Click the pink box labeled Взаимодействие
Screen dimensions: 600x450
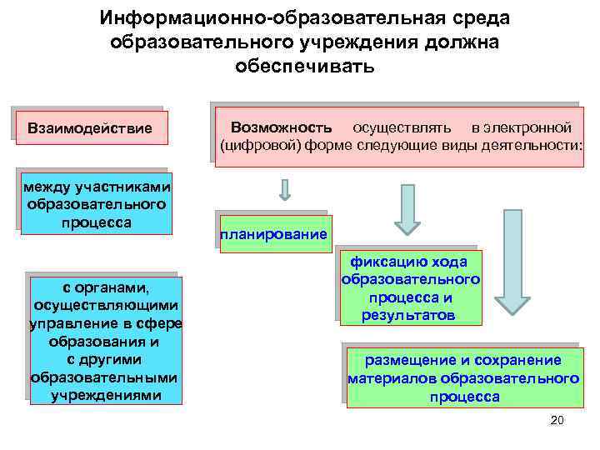pos(90,129)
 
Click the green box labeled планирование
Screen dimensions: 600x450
pos(273,234)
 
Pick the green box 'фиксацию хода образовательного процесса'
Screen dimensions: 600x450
pos(411,287)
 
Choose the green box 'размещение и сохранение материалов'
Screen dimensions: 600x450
pos(463,378)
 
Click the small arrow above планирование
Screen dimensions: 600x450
pos(285,191)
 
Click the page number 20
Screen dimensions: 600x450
pos(557,420)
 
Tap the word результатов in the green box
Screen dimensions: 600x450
pos(408,316)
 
